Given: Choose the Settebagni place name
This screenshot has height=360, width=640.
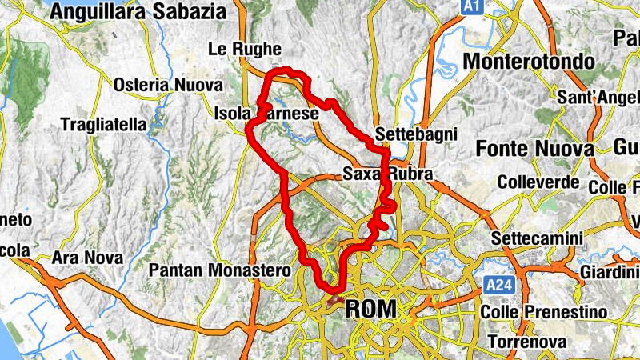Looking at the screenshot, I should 415,134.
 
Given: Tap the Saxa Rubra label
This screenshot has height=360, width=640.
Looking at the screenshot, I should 387,174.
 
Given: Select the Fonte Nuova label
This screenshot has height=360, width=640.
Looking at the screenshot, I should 534,148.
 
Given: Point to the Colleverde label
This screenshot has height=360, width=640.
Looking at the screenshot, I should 538,182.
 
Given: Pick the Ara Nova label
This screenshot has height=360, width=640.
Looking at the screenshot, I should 87,258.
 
